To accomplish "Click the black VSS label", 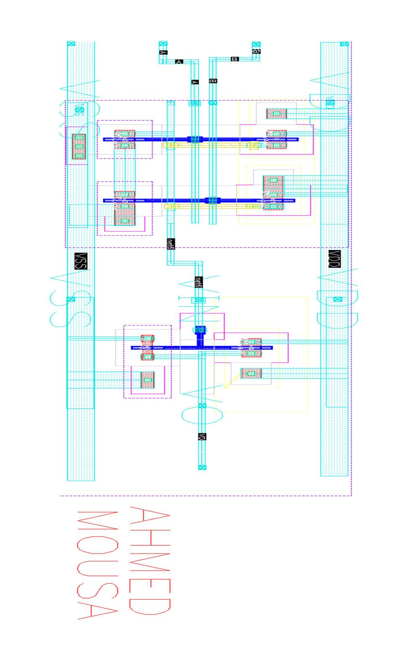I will pos(81,261).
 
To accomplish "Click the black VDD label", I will pos(334,258).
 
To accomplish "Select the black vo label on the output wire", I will pos(202,436).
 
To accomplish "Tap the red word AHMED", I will pos(150,560).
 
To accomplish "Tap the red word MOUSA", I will pos(97,565).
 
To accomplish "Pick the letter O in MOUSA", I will pos(97,545).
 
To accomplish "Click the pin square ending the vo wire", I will pos(202,467).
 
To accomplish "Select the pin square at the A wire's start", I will pos(163,44).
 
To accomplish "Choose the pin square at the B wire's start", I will pos(256,44).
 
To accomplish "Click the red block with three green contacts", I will pos(79,146).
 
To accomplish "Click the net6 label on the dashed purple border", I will pos(170,244).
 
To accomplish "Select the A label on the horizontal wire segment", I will pos(179,62).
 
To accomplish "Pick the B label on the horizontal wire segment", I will pos(235,59).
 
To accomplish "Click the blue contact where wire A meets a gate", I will pos(195,139).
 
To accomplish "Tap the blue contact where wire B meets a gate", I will pos(212,200).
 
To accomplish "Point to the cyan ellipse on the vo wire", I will pos(202,415).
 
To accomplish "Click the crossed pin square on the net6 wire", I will pos(199,300).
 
